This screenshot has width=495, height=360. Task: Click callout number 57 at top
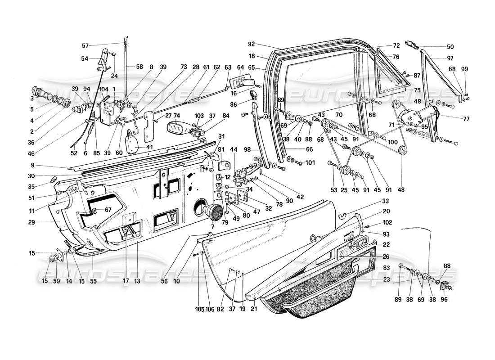[x=85, y=45]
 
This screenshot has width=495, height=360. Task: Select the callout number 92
[x=251, y=44]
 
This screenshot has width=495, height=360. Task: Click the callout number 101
[x=311, y=162]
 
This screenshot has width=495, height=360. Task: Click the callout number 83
[x=387, y=268]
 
